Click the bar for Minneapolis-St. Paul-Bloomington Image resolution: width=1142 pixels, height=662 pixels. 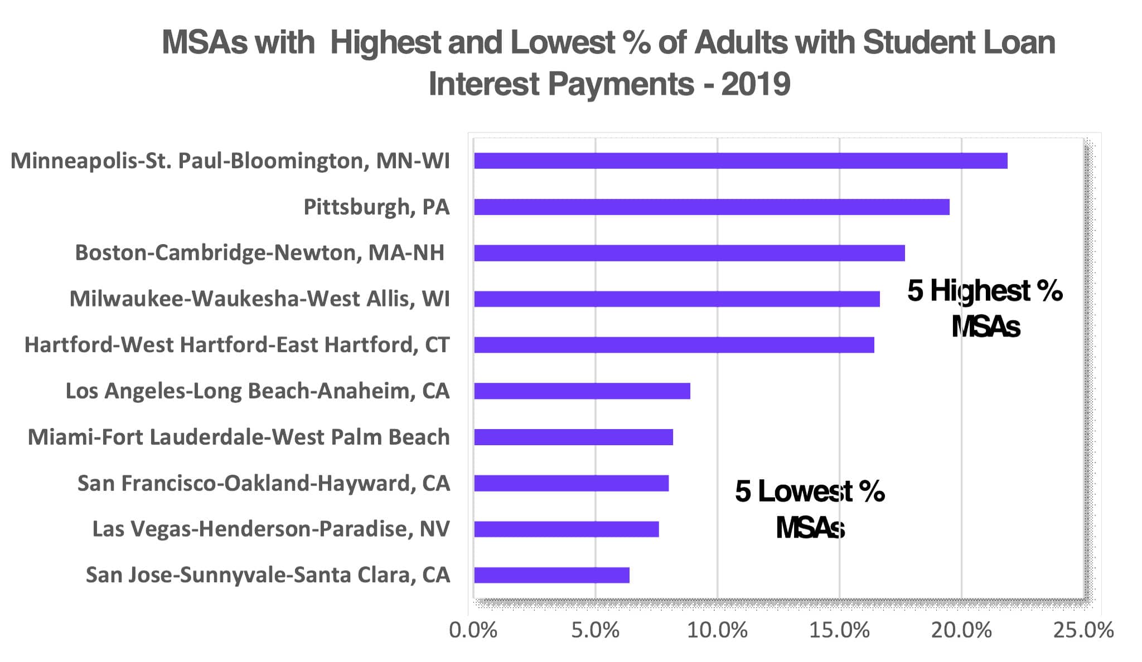click(741, 160)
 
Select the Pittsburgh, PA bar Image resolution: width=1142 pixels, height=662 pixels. click(712, 207)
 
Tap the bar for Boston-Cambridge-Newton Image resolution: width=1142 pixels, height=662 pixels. click(689, 253)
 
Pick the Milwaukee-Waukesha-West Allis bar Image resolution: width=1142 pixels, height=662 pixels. click(677, 299)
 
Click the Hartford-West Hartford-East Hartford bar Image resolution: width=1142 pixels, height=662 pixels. click(674, 345)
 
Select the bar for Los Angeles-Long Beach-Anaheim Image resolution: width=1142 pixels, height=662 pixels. click(582, 391)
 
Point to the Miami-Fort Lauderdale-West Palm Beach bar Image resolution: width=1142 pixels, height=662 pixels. click(573, 437)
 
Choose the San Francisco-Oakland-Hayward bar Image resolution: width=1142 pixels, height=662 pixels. click(571, 483)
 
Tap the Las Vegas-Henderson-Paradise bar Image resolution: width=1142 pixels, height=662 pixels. click(566, 529)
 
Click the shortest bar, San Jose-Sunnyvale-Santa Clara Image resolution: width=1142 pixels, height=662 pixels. click(551, 575)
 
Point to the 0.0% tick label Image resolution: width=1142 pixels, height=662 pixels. click(473, 630)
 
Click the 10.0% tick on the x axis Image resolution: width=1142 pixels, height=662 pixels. click(717, 630)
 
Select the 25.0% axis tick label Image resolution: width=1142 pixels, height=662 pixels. click(1083, 630)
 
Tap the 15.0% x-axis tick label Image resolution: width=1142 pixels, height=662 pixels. click(839, 630)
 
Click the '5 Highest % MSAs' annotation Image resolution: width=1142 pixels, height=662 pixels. click(985, 308)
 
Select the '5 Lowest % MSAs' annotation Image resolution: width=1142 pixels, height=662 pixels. click(810, 509)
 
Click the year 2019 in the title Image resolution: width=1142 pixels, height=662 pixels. click(756, 84)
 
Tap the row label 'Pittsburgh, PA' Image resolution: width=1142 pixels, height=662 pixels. click(376, 207)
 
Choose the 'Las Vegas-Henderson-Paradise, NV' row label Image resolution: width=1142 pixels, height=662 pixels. click(271, 529)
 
